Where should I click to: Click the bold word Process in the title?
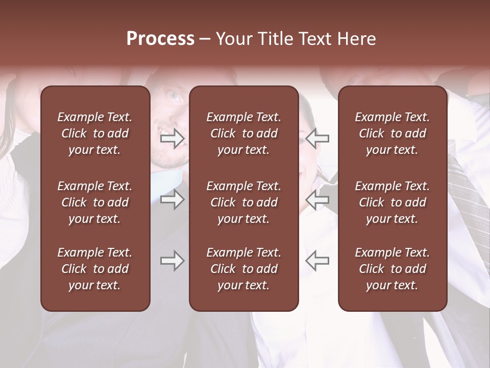pos(160,39)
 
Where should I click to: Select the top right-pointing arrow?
pos(173,138)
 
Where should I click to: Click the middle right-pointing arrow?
pos(173,199)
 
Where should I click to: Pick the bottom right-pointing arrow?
pos(173,261)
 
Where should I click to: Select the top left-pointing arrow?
pos(317,138)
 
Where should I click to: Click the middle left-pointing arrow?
pos(317,199)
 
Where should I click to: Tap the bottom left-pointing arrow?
pos(317,261)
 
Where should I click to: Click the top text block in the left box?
pos(95,133)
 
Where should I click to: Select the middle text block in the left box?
pos(95,202)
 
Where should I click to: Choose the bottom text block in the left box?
pos(95,269)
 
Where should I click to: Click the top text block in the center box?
pos(244,133)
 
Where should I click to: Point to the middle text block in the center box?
pos(244,202)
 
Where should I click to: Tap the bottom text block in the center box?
pos(244,269)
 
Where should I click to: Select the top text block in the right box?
pos(393,133)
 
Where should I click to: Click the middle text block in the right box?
pos(393,202)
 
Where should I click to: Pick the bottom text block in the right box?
pos(393,269)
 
